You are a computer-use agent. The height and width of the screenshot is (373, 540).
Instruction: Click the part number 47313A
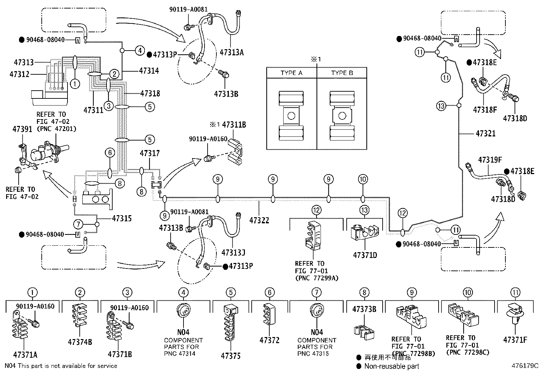(x=232, y=52)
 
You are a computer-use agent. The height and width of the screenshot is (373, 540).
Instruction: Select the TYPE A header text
(x=291, y=73)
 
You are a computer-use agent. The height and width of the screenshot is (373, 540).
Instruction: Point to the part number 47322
(x=259, y=220)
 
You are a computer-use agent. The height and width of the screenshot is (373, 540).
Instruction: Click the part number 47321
(x=485, y=133)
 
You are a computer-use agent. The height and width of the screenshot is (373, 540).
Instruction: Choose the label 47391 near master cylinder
(x=22, y=129)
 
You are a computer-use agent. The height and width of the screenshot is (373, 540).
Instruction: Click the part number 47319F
(x=490, y=160)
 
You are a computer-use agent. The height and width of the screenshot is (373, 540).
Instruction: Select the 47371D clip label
(x=365, y=255)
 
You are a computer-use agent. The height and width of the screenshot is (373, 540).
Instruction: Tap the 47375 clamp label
(x=231, y=356)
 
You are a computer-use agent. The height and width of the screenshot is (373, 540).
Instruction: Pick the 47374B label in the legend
(x=80, y=342)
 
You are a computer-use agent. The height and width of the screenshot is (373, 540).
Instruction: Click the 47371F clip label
(x=515, y=340)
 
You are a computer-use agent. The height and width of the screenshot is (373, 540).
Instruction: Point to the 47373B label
(x=364, y=309)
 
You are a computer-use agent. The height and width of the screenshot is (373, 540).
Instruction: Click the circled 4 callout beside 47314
(x=140, y=51)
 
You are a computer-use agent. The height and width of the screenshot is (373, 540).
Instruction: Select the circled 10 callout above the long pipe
(x=363, y=179)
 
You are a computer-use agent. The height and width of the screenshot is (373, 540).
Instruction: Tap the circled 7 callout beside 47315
(x=78, y=224)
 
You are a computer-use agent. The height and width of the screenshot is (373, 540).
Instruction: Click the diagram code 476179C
(x=525, y=366)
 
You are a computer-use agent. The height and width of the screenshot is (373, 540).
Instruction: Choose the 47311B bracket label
(x=234, y=125)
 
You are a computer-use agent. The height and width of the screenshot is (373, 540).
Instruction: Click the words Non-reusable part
(x=391, y=366)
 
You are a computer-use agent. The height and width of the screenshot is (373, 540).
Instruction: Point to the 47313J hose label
(x=233, y=253)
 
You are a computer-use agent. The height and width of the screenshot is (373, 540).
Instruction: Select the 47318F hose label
(x=485, y=110)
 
